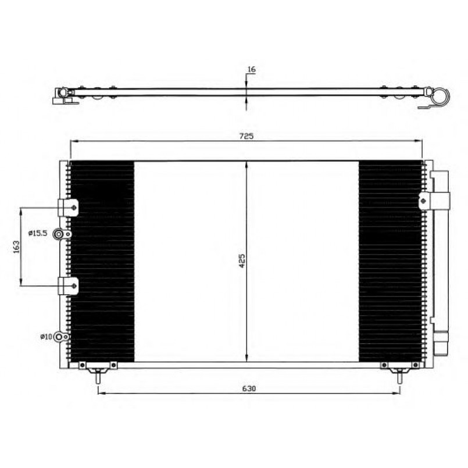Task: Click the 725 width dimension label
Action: pyautogui.click(x=246, y=136)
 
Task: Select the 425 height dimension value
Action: pyautogui.click(x=242, y=260)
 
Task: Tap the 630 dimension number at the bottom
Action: pyautogui.click(x=249, y=388)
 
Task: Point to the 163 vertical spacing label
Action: pyautogui.click(x=16, y=247)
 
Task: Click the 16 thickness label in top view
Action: pyautogui.click(x=252, y=69)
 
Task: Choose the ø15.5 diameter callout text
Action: pyautogui.click(x=38, y=233)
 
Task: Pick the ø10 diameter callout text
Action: pyautogui.click(x=46, y=337)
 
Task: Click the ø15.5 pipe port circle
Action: pyautogui.click(x=59, y=234)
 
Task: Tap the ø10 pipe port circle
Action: pyautogui.click(x=59, y=337)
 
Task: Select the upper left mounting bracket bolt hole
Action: pyautogui.click(x=74, y=208)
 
